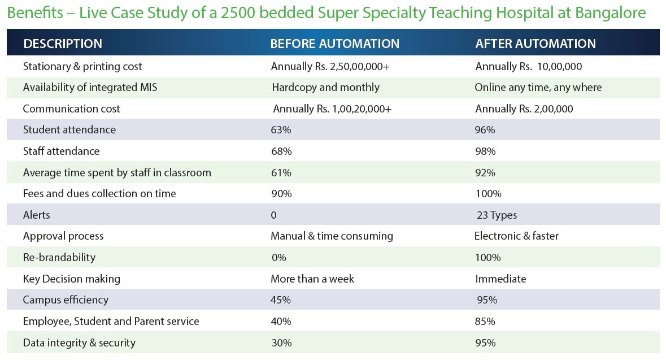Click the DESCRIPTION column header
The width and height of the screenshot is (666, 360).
(x=63, y=44)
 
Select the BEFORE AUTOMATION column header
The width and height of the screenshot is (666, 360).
(x=335, y=44)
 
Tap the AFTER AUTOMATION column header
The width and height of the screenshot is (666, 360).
(x=536, y=44)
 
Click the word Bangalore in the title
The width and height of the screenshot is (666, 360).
(x=610, y=13)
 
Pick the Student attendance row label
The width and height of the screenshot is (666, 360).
(x=69, y=129)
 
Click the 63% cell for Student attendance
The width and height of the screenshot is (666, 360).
(x=281, y=129)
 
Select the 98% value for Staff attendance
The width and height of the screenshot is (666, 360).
(x=485, y=151)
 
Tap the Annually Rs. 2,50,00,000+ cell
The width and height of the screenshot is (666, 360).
(x=330, y=66)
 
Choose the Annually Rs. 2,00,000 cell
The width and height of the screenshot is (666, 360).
(x=524, y=109)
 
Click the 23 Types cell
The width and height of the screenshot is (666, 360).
(x=497, y=215)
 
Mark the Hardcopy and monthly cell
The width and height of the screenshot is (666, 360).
(x=326, y=87)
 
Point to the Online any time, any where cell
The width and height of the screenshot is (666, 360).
(x=538, y=87)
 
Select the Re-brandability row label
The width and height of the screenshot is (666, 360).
(x=59, y=258)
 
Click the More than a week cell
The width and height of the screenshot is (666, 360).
(x=312, y=279)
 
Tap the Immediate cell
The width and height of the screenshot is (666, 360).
(x=500, y=279)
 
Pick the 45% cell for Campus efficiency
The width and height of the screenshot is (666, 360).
(x=281, y=300)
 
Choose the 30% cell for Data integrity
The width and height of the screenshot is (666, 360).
(x=282, y=343)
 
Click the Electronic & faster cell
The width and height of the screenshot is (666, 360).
(x=516, y=236)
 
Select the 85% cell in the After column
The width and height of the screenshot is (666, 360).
(x=485, y=322)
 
